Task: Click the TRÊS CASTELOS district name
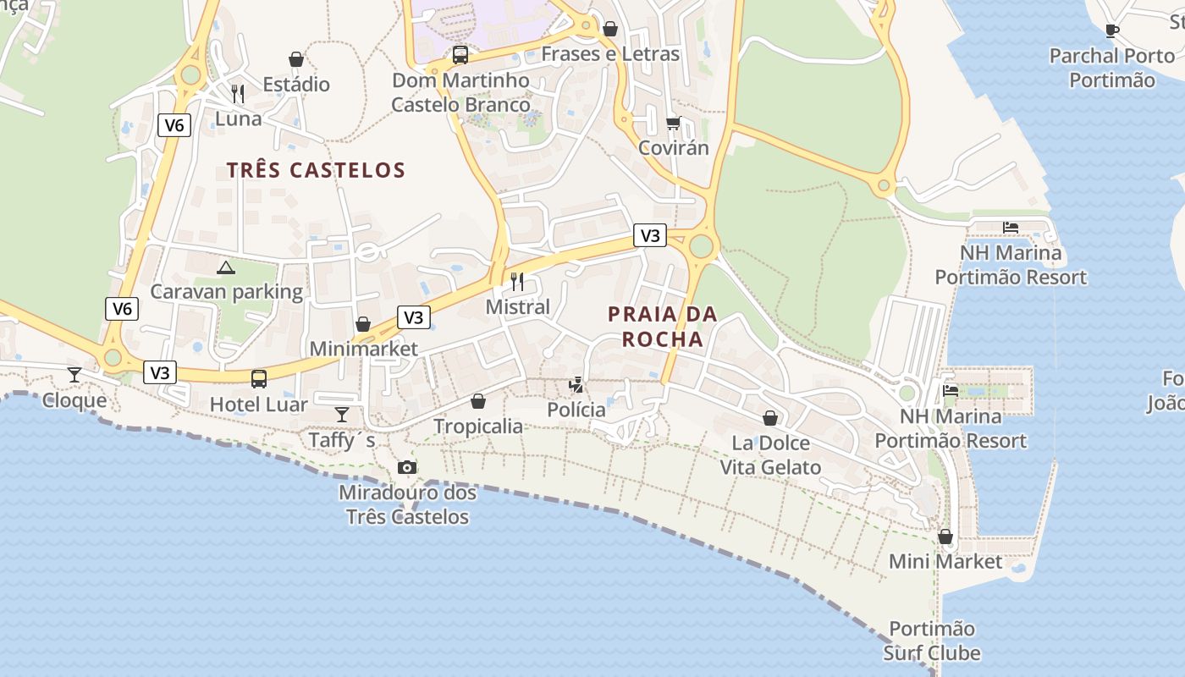316,170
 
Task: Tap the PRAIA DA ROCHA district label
662,327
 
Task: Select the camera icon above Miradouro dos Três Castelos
407,468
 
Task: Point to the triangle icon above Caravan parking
225,268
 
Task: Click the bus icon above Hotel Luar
259,379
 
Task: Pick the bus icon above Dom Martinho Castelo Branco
460,55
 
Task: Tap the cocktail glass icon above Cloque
74,374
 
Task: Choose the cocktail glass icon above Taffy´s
342,414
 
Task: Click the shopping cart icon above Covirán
674,124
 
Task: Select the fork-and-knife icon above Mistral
517,281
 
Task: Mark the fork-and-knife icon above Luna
238,93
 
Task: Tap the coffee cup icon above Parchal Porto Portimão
1112,31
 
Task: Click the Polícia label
576,410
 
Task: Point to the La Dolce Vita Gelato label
770,455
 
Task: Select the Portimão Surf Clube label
932,641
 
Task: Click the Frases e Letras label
610,54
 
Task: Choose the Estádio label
296,85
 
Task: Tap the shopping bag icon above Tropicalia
478,401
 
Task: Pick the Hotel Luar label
259,405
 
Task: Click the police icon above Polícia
576,385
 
